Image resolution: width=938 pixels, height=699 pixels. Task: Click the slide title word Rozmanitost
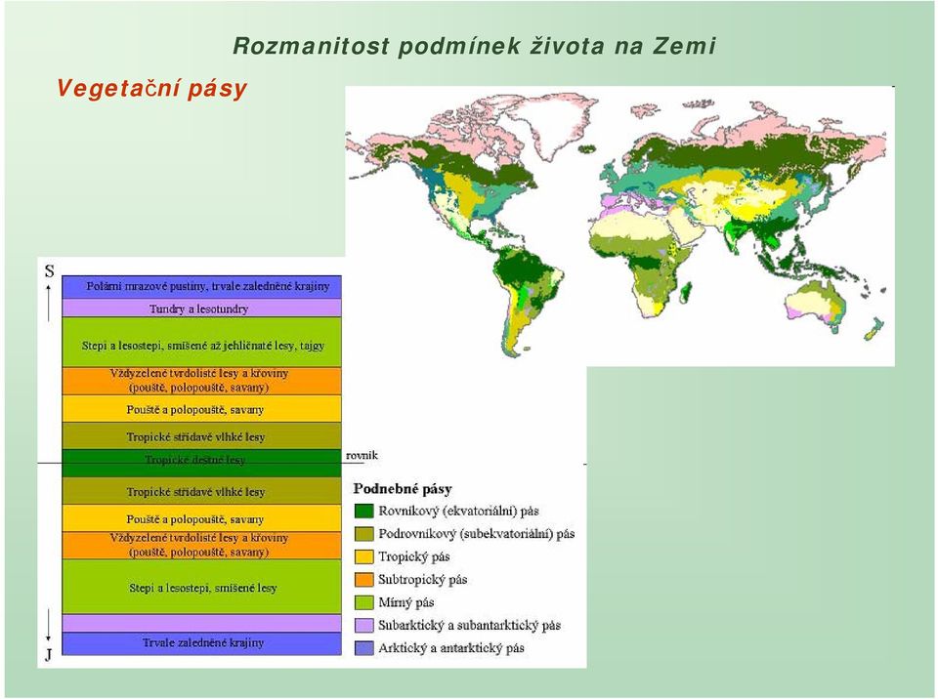(311, 46)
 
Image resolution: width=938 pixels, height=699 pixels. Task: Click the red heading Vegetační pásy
(152, 89)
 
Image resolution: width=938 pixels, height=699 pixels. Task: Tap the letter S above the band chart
(49, 271)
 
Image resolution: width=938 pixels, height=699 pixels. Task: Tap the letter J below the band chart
(49, 655)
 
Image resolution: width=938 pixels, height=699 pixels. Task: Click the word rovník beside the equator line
(362, 456)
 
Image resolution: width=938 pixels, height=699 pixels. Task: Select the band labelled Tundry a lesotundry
(201, 308)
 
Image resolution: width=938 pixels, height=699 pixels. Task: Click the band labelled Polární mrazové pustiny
(201, 287)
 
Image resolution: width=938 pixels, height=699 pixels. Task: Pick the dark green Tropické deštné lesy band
(201, 463)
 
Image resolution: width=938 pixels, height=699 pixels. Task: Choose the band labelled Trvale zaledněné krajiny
(201, 643)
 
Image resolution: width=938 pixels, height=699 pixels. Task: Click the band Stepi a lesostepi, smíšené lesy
(201, 587)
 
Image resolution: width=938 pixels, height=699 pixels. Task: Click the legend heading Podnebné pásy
(403, 489)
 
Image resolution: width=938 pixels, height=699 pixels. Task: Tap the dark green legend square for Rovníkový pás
(363, 512)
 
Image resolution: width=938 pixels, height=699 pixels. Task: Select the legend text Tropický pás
(414, 556)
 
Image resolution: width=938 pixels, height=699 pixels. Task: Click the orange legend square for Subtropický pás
(363, 580)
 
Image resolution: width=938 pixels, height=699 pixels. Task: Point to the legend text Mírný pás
(406, 602)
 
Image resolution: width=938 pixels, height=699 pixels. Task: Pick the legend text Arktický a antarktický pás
(451, 648)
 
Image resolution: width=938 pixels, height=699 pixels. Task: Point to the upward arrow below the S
(49, 304)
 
